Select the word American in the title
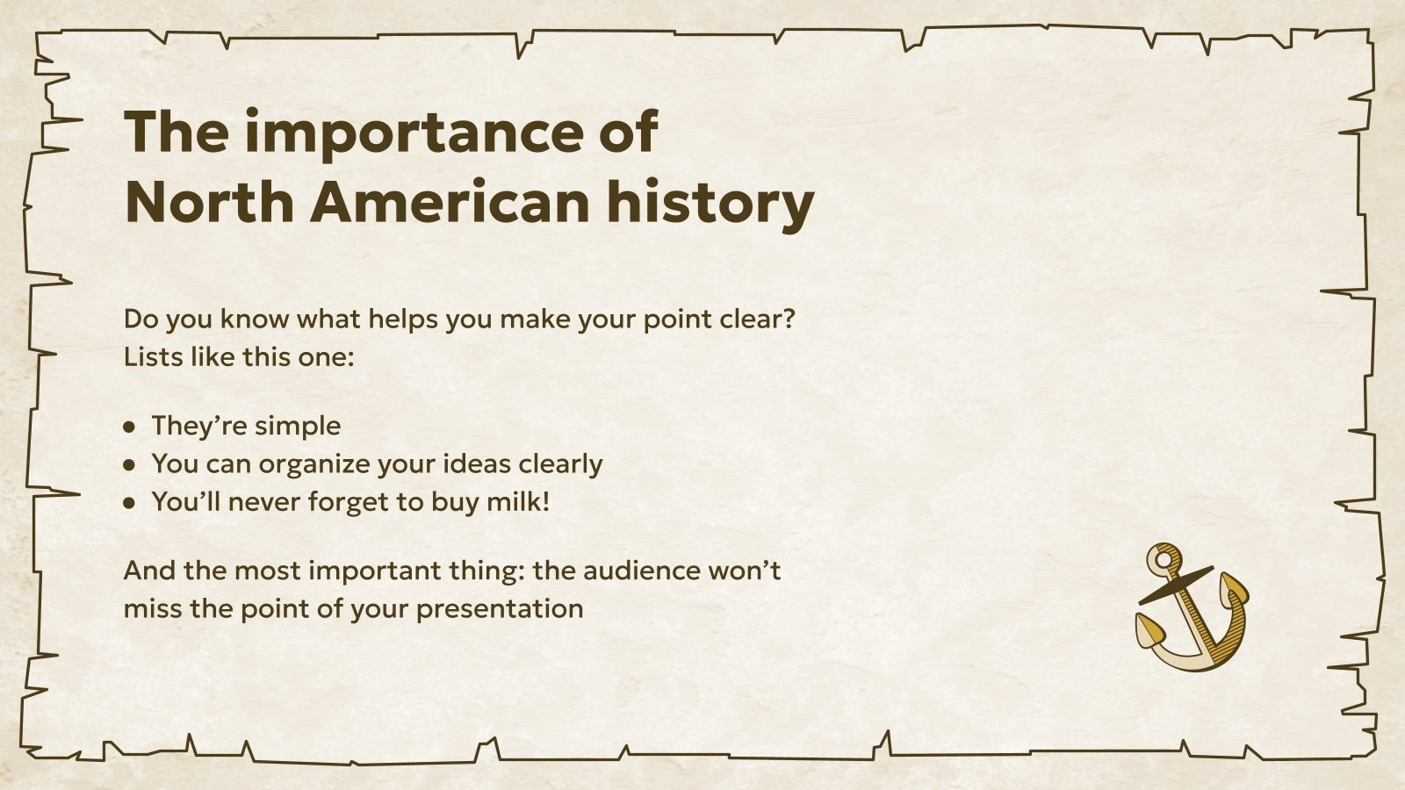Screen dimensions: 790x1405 [450, 202]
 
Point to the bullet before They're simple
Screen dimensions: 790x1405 [130, 427]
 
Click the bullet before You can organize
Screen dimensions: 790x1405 [130, 465]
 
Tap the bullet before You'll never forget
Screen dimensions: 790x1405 [130, 504]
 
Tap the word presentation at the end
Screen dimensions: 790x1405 [500, 609]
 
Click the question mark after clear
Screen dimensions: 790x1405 [788, 319]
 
